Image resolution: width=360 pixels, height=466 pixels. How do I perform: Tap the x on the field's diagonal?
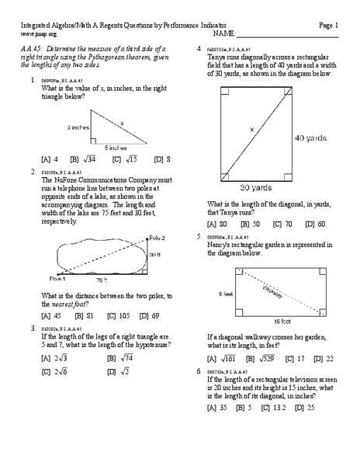[251, 130]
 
